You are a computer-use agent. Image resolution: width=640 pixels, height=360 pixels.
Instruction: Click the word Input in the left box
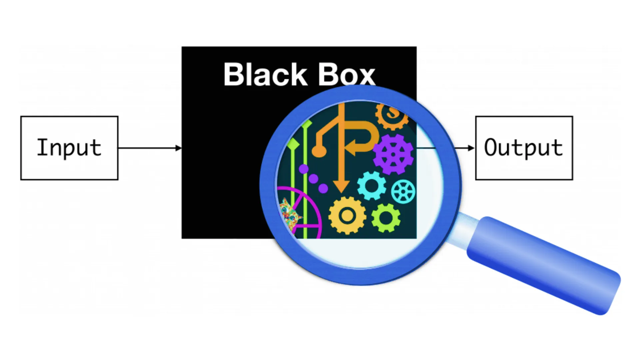pyautogui.click(x=69, y=148)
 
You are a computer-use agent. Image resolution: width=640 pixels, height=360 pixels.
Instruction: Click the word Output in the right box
pyautogui.click(x=523, y=148)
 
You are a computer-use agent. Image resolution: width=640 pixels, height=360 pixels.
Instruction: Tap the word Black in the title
pyautogui.click(x=265, y=75)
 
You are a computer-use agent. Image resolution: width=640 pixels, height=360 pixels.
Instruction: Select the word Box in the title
pyautogui.click(x=346, y=75)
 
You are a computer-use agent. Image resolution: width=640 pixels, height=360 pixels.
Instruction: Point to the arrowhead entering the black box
pyautogui.click(x=179, y=148)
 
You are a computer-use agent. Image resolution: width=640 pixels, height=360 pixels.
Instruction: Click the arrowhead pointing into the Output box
pyautogui.click(x=471, y=148)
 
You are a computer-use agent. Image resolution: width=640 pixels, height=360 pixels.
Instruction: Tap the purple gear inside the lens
pyautogui.click(x=393, y=154)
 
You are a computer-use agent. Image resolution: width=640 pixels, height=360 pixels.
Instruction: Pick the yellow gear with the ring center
pyautogui.click(x=347, y=215)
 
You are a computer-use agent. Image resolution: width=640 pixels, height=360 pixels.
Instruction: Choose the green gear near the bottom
pyautogui.click(x=386, y=218)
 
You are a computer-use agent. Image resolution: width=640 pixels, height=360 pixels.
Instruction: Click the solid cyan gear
pyautogui.click(x=371, y=186)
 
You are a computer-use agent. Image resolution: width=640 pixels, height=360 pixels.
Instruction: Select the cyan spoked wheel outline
pyautogui.click(x=403, y=191)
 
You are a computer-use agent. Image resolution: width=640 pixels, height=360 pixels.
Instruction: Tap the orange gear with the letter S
pyautogui.click(x=392, y=115)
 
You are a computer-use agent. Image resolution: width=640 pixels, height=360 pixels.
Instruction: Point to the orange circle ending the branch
pyautogui.click(x=319, y=151)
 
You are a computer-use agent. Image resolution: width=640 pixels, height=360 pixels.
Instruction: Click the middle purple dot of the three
pyautogui.click(x=313, y=179)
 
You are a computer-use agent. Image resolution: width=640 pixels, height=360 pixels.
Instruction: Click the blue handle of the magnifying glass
pyautogui.click(x=543, y=265)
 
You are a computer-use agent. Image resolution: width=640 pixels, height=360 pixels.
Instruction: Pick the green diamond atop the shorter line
pyautogui.click(x=293, y=144)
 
